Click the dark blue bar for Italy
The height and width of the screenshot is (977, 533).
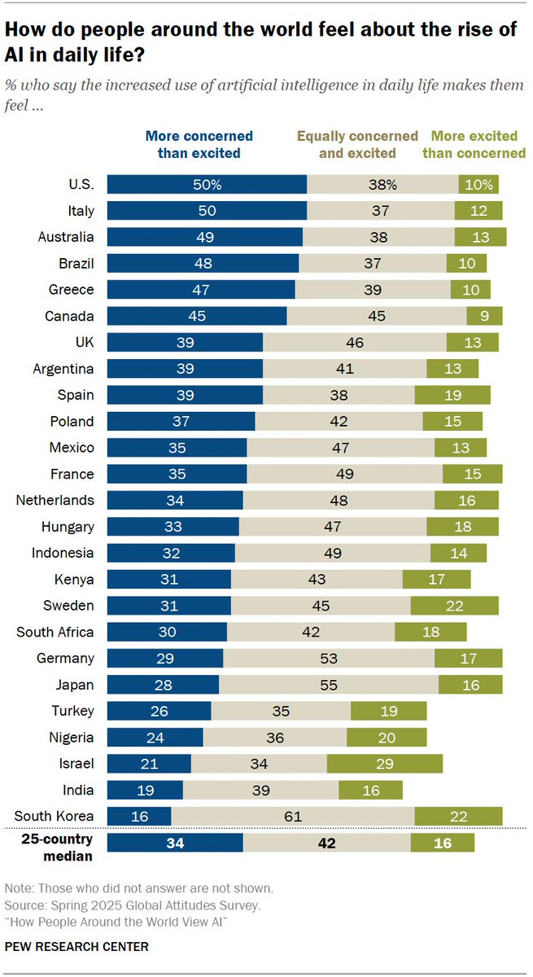(x=207, y=211)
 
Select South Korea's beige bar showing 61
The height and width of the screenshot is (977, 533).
(x=293, y=816)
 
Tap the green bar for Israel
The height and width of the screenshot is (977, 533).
(x=385, y=764)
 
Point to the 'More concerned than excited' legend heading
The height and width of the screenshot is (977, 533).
(x=199, y=144)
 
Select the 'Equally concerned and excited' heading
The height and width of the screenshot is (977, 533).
(x=357, y=144)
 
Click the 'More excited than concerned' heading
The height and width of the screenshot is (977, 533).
(x=478, y=144)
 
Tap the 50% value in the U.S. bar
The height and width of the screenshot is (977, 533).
(x=207, y=185)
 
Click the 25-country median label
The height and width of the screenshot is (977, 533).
(x=58, y=848)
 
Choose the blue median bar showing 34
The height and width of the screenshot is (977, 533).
(x=175, y=843)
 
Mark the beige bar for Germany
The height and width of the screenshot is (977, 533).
(x=329, y=658)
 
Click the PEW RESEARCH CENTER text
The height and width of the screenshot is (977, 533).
(x=76, y=947)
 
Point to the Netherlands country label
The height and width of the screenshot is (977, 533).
(x=55, y=500)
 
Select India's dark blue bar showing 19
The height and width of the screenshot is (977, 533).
(x=145, y=790)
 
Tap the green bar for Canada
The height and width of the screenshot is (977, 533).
(x=484, y=316)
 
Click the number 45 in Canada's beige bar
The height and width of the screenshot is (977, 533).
(x=377, y=316)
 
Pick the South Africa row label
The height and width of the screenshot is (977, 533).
(x=56, y=632)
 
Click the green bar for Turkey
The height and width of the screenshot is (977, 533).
(x=388, y=711)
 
